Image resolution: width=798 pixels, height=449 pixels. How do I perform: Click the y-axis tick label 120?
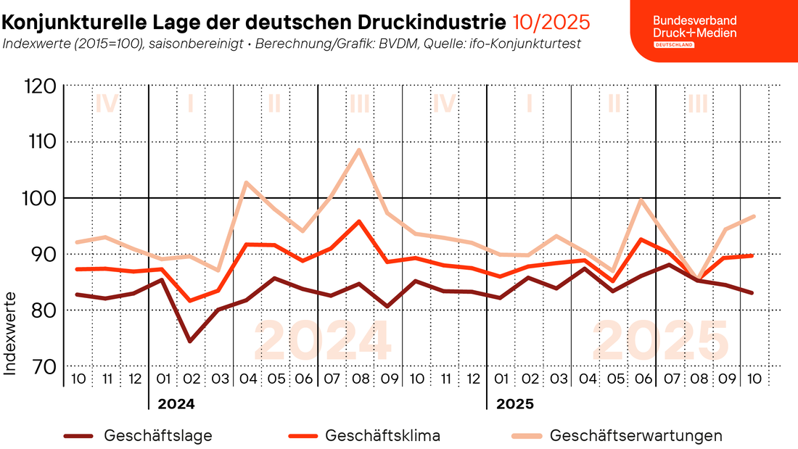point(41,86)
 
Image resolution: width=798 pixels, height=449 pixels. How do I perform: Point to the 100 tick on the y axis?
point(38,198)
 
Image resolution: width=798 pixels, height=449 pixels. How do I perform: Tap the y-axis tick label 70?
point(44,366)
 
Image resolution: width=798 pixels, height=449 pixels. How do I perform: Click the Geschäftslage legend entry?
point(138,436)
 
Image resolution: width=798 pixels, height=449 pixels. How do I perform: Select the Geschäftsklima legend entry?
point(364,436)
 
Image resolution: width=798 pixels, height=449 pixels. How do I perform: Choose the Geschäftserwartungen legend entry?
point(617,436)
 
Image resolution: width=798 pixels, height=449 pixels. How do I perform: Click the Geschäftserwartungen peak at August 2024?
point(359,149)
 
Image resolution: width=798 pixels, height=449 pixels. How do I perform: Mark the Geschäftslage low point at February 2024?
point(190,341)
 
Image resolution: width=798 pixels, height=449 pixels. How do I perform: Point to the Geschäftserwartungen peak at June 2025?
point(641,199)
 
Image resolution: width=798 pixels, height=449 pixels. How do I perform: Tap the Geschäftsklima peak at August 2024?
point(359,221)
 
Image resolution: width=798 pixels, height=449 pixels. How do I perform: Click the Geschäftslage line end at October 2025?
point(753,293)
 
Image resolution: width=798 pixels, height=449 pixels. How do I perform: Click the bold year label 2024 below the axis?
point(176,404)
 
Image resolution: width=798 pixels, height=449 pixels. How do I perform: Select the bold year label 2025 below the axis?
point(515,404)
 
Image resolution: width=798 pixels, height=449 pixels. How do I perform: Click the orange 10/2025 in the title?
point(551,22)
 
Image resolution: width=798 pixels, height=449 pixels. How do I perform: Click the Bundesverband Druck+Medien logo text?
point(695,27)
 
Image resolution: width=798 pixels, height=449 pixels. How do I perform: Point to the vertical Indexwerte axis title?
point(10,334)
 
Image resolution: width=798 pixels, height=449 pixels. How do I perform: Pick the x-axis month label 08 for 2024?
point(361,379)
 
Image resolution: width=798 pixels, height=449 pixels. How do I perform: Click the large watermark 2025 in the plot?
point(661,341)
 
